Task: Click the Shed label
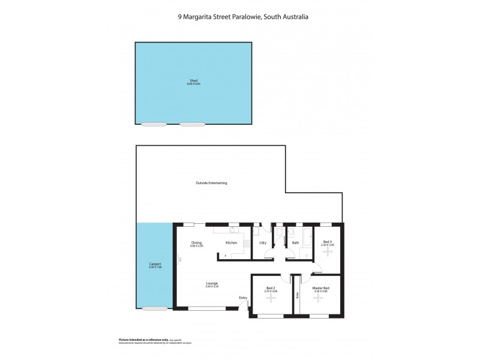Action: tap(193, 80)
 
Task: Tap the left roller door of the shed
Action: tap(154, 125)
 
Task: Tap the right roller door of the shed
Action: tap(192, 125)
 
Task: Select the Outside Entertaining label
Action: tap(211, 182)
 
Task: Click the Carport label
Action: tap(155, 264)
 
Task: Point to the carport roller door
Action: tap(155, 309)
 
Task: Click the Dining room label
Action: tap(196, 242)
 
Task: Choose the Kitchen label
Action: tap(231, 242)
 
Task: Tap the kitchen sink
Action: tap(233, 229)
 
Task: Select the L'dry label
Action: tap(262, 242)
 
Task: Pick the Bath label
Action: tap(295, 242)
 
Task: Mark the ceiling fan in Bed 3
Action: tap(328, 252)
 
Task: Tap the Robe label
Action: tap(296, 295)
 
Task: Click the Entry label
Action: tap(243, 298)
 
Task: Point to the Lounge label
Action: tap(212, 283)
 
